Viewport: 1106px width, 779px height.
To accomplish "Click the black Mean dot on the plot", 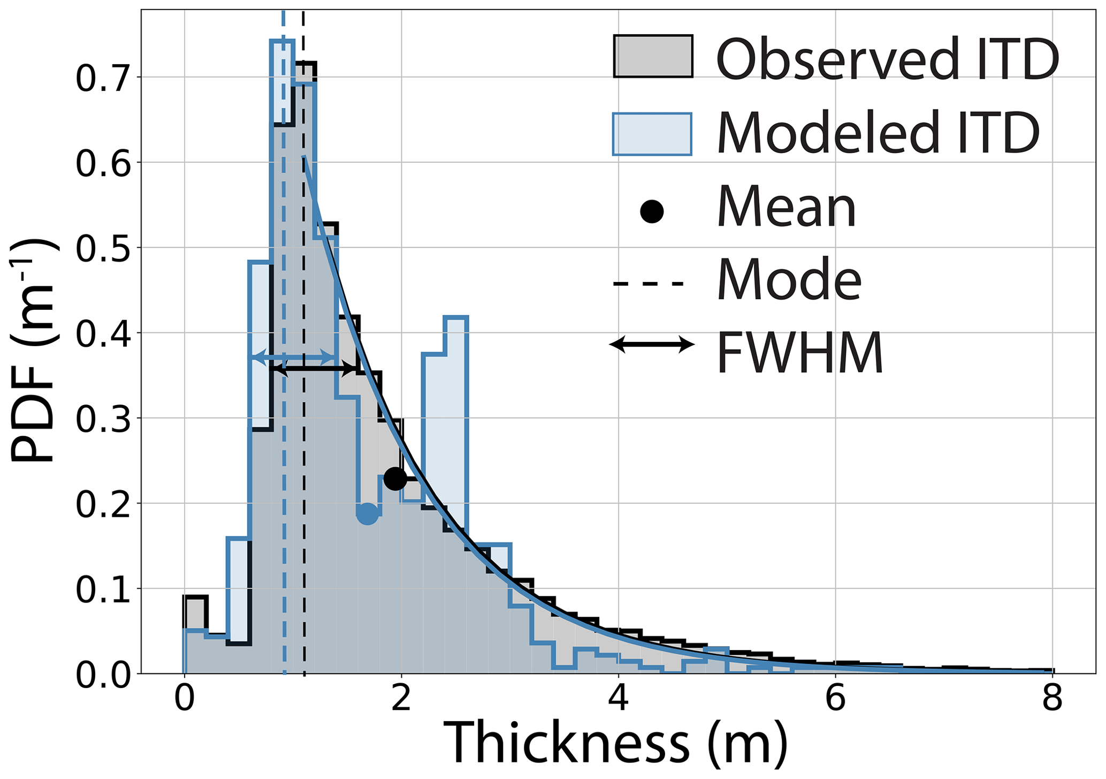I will pyautogui.click(x=395, y=478).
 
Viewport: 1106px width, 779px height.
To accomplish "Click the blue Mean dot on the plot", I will pyautogui.click(x=367, y=514).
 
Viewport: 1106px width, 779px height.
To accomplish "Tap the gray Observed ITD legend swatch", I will pyautogui.click(x=653, y=56).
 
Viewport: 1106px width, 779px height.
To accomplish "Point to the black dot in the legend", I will pyautogui.click(x=652, y=211).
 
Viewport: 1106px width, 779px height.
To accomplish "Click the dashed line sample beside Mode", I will pyautogui.click(x=649, y=283).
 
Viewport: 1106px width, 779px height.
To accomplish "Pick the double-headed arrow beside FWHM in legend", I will pyautogui.click(x=652, y=344).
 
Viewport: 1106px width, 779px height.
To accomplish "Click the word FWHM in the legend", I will pyautogui.click(x=799, y=353).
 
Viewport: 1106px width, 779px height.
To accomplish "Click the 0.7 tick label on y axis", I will pyautogui.click(x=102, y=79).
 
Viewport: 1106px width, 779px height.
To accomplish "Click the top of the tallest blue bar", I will pyautogui.click(x=282, y=41).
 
